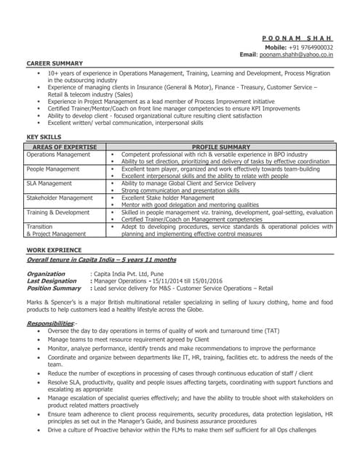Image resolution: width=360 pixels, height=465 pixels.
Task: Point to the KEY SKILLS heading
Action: [44, 137]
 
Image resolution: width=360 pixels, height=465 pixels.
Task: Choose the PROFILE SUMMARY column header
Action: [220, 147]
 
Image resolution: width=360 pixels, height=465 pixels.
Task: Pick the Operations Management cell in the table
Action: [58, 155]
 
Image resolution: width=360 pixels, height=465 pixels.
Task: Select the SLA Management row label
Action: [49, 183]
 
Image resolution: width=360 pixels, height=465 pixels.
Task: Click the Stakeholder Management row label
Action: [60, 197]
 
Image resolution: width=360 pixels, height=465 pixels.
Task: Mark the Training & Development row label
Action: [58, 211]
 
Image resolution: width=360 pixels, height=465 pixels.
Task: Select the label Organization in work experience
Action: [46, 274]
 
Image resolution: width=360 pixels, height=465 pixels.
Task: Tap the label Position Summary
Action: [54, 288]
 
